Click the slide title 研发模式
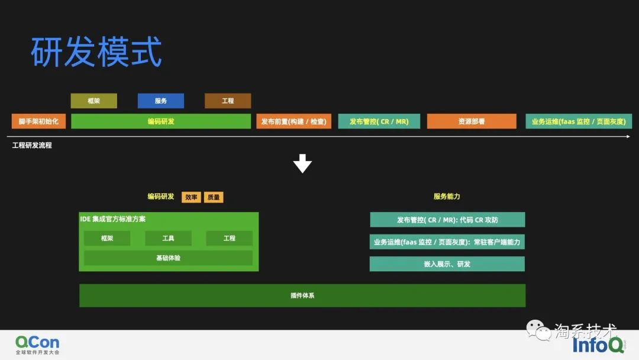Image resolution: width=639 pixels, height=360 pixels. click(x=96, y=52)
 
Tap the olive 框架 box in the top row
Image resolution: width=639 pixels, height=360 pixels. click(x=93, y=101)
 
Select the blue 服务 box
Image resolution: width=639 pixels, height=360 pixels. click(x=161, y=101)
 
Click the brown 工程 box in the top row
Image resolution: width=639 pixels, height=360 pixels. click(x=228, y=101)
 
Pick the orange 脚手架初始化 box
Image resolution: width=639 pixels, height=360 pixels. click(x=38, y=121)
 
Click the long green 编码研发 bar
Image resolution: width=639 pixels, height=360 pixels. click(x=161, y=121)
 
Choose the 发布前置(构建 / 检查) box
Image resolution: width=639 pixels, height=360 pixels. click(x=293, y=121)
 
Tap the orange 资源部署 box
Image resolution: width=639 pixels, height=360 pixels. click(x=472, y=121)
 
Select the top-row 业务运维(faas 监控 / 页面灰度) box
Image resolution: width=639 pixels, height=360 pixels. click(x=579, y=121)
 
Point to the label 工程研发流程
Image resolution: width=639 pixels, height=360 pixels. click(x=32, y=145)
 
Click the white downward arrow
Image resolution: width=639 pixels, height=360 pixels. click(x=302, y=163)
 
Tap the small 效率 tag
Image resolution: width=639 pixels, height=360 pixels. click(x=191, y=197)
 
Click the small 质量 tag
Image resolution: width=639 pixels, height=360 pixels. click(x=214, y=197)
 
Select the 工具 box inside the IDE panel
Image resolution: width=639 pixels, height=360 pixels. click(x=168, y=238)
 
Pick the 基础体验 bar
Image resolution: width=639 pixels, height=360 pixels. click(x=168, y=258)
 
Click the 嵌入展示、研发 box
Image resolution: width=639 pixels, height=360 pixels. click(x=447, y=264)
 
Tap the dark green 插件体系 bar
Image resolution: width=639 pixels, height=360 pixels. click(x=302, y=295)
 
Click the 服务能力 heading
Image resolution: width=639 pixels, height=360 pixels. click(x=447, y=197)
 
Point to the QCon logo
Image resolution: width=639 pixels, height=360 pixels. click(x=37, y=345)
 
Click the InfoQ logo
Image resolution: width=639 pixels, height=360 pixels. click(x=598, y=345)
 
